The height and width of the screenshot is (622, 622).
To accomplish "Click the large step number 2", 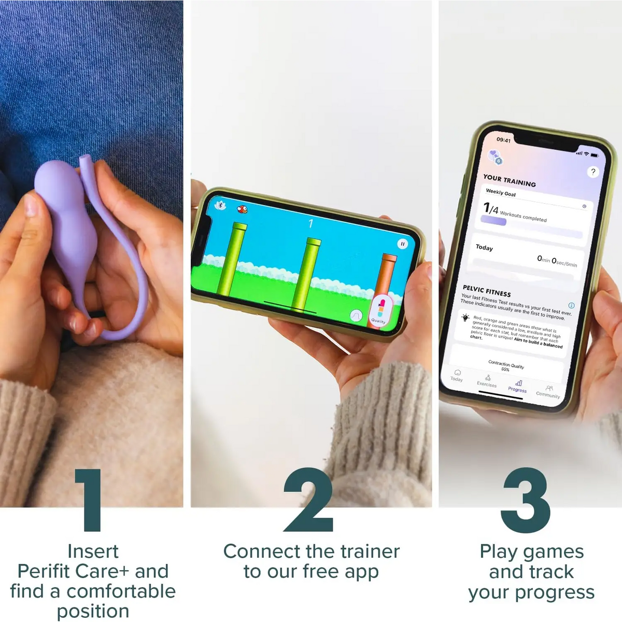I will coord(309,500).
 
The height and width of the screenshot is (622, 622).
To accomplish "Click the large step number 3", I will coord(525,500).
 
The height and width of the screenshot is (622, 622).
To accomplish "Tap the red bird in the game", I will coord(242,209).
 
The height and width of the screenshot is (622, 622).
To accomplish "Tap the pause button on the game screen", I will coord(402,244).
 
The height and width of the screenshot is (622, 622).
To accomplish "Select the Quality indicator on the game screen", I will coord(380,311).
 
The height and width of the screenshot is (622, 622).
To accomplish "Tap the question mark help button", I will coord(593,172).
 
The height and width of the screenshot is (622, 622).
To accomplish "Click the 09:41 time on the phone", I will coord(503,140).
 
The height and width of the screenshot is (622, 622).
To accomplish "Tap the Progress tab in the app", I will coord(518,386).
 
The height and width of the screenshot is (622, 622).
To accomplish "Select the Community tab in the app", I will coord(548,391).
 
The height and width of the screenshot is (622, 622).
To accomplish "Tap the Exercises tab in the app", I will coord(487,381).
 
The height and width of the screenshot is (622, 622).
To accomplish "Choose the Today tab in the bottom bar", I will coord(457,375).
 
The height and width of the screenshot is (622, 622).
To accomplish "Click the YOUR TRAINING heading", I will coord(510,180).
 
